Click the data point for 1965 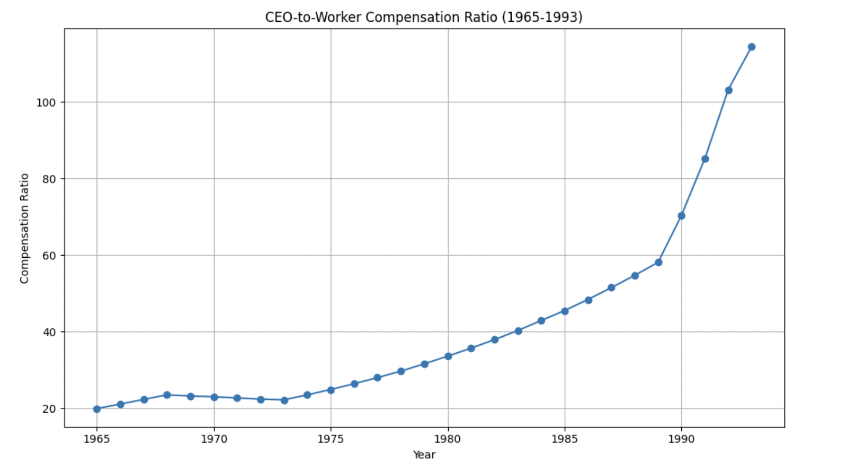coord(97,409)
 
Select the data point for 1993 coord(751,47)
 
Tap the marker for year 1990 coord(681,216)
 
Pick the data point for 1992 coord(728,91)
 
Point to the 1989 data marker coord(658,263)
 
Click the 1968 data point coord(167,395)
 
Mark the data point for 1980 coord(448,356)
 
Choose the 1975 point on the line coord(331,390)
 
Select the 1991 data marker coord(705,159)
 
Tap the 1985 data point coord(565,311)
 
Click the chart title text coord(423,18)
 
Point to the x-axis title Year coord(424,455)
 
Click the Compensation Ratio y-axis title coord(24,228)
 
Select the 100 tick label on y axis coord(46,102)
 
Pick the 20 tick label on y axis coord(49,409)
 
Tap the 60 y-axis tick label coord(49,256)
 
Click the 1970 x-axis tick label coord(214,439)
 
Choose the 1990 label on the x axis coord(681,439)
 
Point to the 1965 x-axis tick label coord(97,439)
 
